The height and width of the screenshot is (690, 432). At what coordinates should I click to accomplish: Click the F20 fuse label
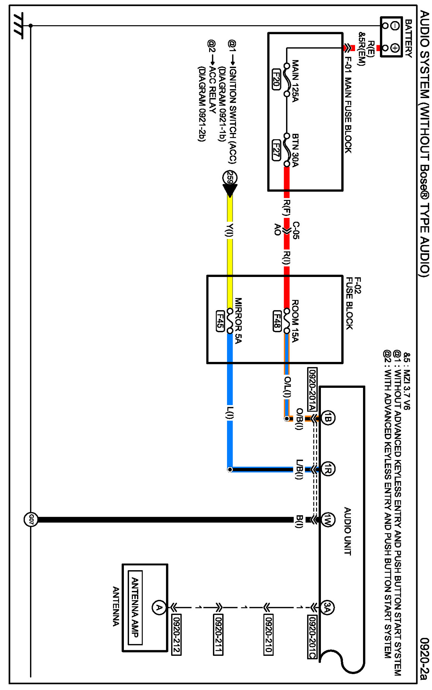[276, 79]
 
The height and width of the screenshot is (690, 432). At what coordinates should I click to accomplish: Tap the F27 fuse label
[276, 150]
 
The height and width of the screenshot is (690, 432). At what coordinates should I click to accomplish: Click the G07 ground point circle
[31, 519]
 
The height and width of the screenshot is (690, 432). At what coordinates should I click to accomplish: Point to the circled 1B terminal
[328, 419]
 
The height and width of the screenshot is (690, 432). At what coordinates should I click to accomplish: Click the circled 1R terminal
[328, 469]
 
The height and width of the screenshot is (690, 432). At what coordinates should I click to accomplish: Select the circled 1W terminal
[328, 519]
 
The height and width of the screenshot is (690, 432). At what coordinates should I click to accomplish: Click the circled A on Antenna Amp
[159, 607]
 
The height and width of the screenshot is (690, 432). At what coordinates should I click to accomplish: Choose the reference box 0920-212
[176, 634]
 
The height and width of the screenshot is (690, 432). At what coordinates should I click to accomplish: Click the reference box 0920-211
[218, 634]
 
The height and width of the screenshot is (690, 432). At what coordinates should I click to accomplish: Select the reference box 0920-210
[268, 634]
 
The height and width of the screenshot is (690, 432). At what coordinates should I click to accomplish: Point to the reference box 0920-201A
[312, 389]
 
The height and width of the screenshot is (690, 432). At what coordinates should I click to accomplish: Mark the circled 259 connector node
[230, 178]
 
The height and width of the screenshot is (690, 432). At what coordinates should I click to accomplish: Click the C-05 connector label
[296, 230]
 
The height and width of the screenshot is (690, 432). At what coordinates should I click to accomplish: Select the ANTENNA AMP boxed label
[135, 607]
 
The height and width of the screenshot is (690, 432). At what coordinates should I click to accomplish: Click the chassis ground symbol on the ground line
[18, 26]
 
